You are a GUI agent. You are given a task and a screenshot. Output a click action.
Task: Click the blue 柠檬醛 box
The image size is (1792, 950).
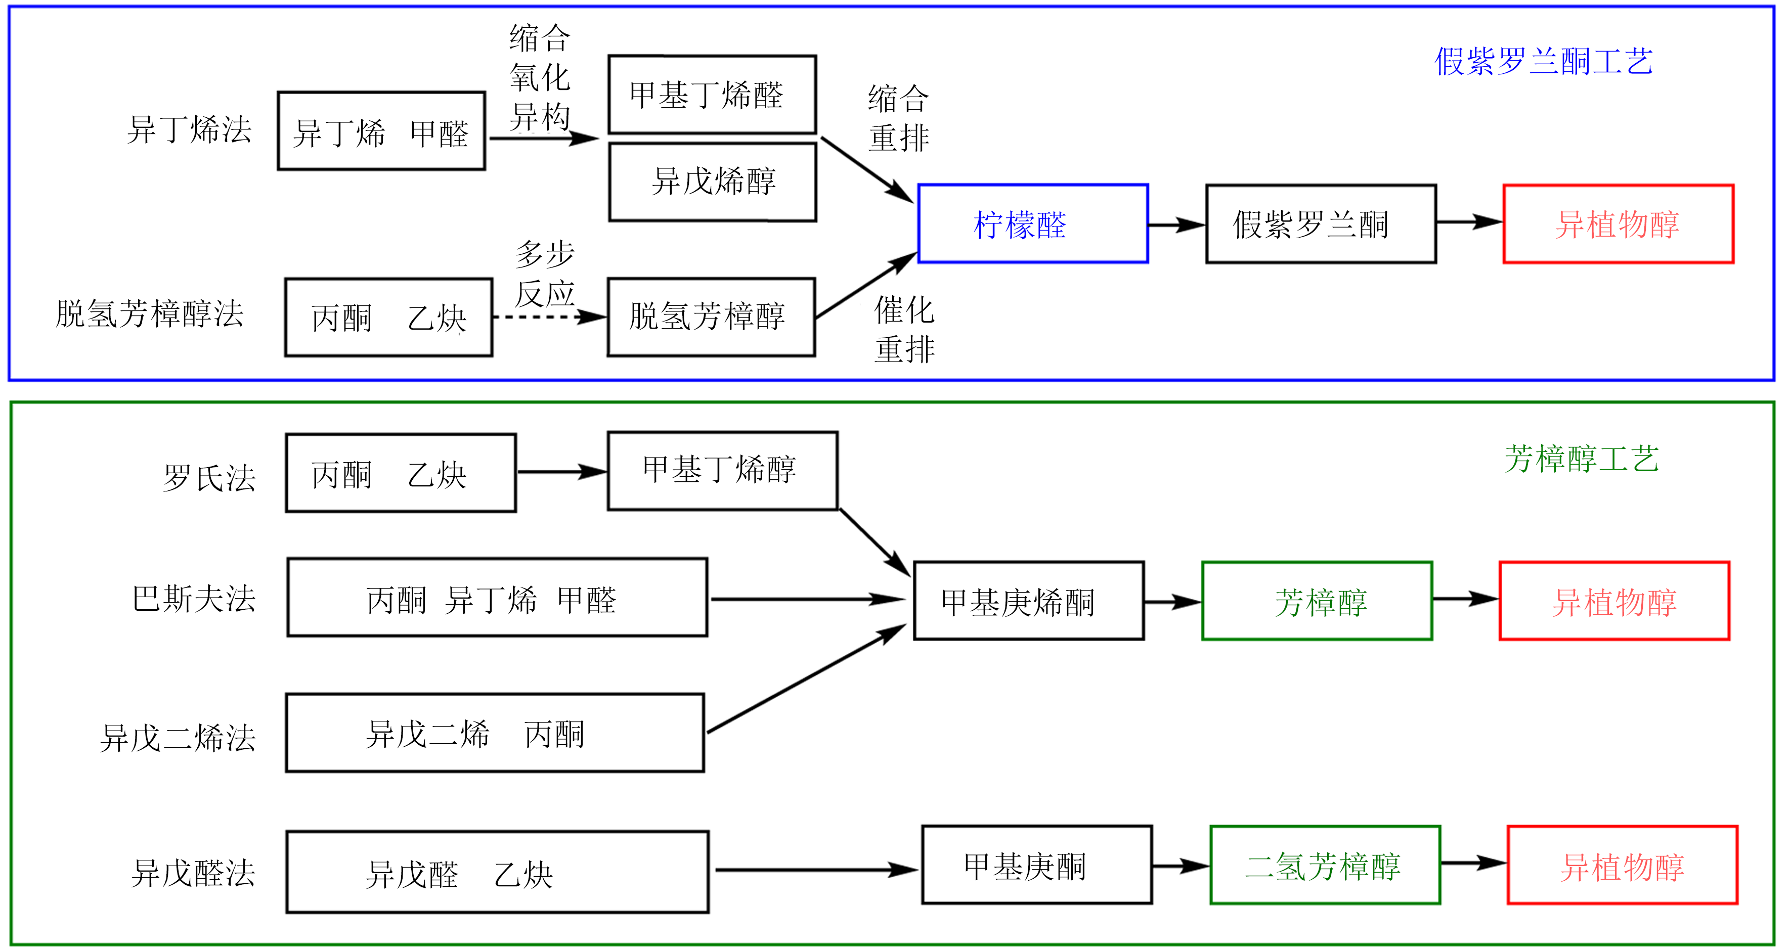click(x=1032, y=224)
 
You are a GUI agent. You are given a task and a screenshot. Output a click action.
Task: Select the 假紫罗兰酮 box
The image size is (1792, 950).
click(x=1320, y=224)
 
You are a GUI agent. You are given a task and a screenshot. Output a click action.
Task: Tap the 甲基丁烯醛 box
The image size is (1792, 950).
click(x=712, y=95)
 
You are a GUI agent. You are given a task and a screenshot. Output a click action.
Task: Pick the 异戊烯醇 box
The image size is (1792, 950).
click(x=712, y=182)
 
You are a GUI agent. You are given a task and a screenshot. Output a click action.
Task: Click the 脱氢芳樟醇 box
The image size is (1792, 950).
click(x=711, y=317)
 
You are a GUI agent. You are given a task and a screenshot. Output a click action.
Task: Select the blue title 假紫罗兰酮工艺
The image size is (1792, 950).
click(x=1543, y=61)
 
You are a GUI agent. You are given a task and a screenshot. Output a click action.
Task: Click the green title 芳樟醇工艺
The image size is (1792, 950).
click(x=1581, y=459)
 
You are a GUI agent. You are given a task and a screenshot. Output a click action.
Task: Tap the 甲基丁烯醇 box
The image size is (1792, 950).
click(x=722, y=471)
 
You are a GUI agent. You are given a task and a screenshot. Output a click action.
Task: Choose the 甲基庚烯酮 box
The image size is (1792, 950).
click(x=1028, y=601)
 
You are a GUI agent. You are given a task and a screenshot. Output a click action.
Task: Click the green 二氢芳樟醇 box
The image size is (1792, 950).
click(x=1325, y=866)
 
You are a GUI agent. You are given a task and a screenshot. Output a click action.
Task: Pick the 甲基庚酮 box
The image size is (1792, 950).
click(x=1036, y=866)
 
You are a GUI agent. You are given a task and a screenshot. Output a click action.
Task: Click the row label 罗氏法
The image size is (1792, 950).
click(x=209, y=478)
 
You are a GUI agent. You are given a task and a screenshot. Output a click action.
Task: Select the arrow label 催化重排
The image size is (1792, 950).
click(x=904, y=330)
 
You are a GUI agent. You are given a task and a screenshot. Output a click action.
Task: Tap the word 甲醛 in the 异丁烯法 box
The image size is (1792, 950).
click(x=439, y=133)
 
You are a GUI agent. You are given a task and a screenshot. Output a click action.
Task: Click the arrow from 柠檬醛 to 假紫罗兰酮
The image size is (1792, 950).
click(x=1175, y=224)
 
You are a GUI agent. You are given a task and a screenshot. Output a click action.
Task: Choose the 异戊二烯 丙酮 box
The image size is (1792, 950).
click(x=495, y=733)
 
